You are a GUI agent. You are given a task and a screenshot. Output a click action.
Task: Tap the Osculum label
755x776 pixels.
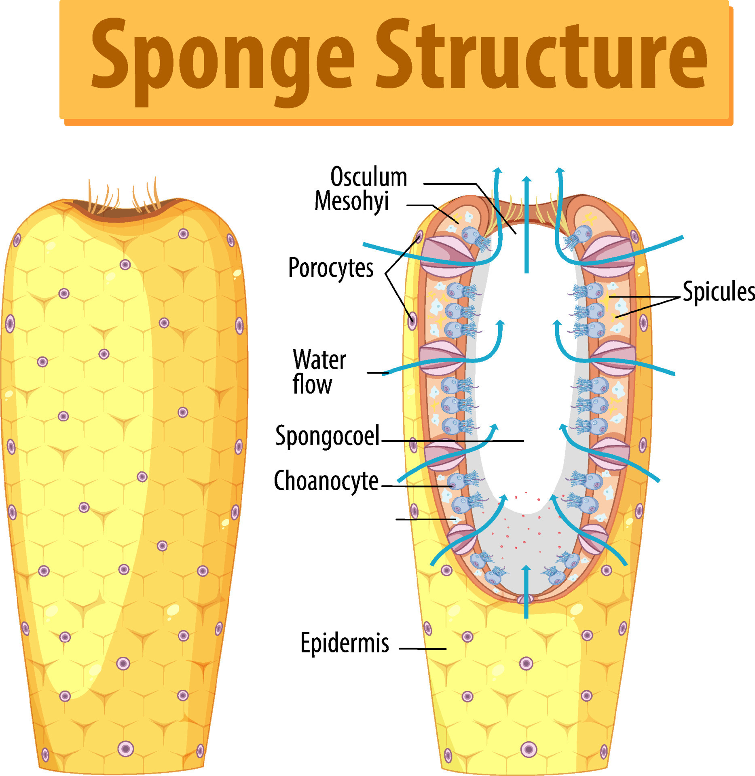point(368,177)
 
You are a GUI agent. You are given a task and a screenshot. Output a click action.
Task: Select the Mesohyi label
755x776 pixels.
point(351,201)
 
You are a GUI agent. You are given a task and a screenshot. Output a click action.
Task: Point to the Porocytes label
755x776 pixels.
point(330,268)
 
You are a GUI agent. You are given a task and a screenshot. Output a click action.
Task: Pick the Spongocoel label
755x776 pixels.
point(328,436)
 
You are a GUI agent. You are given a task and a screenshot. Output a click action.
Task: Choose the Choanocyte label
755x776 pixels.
point(326,481)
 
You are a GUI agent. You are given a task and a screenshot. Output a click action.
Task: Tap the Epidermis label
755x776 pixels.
point(345,643)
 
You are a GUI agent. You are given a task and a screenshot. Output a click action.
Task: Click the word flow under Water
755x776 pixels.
point(312,384)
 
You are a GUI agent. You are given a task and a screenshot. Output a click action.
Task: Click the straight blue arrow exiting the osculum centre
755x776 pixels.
point(526,226)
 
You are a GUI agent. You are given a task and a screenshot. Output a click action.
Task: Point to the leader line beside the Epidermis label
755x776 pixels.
point(423,649)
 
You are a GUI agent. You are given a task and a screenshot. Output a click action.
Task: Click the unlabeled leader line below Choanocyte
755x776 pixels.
point(425,519)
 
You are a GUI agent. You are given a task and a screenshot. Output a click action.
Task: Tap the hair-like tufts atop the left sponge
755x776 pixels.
point(123,196)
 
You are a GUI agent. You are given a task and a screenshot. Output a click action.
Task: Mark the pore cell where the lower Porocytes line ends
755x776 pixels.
point(412,321)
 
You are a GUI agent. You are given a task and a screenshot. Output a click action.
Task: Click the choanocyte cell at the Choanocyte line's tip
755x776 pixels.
point(457,481)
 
